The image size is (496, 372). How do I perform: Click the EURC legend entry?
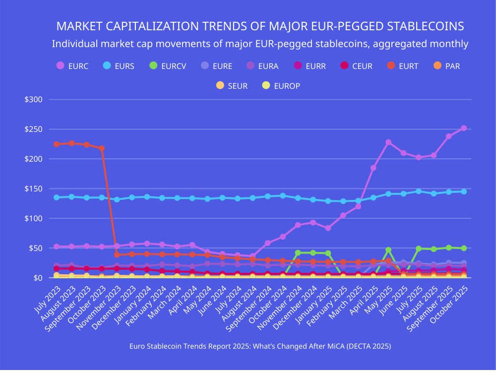[72, 66]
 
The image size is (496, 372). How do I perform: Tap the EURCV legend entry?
[167, 66]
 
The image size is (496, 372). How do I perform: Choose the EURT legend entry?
[402, 66]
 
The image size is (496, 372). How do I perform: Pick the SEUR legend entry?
[231, 86]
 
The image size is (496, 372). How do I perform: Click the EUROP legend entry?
[280, 86]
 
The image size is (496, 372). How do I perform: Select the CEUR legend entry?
[356, 66]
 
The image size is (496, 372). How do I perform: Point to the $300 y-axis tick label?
[34, 100]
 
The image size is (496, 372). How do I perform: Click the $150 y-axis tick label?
[34, 189]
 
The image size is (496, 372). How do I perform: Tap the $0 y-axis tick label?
[38, 278]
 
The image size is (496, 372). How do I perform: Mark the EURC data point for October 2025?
[464, 128]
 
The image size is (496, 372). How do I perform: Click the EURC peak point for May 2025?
[388, 142]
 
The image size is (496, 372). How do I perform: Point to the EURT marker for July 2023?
[57, 144]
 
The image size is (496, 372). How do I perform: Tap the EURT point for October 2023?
[102, 148]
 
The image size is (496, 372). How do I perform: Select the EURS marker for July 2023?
[57, 197]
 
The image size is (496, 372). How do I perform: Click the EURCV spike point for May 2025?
[388, 250]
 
